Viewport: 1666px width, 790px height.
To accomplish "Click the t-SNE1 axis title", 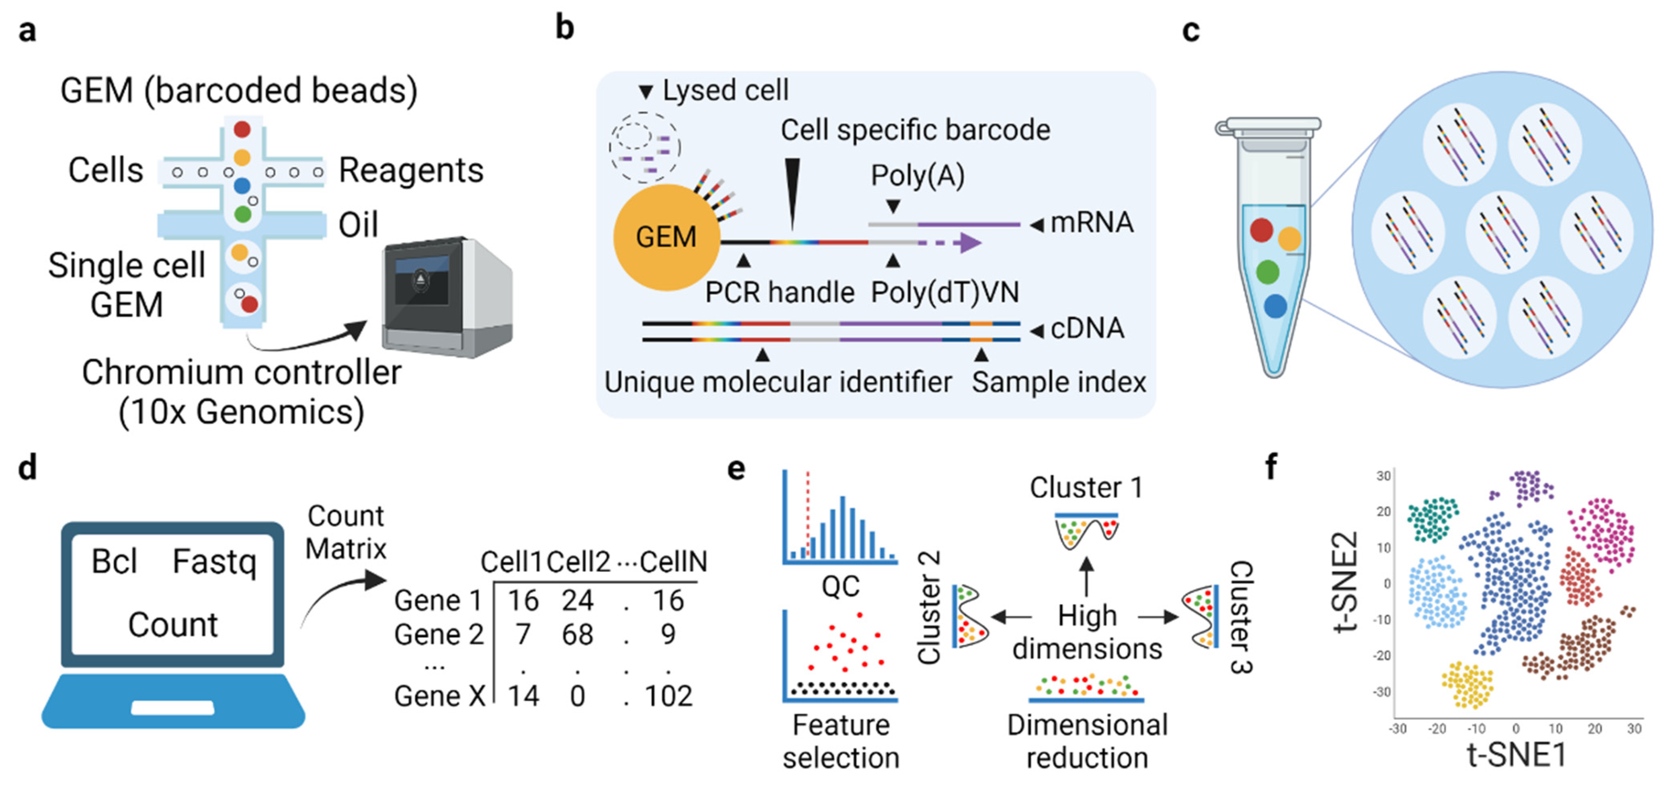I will [x=1516, y=754].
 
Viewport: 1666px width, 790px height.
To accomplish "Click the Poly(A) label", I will [x=917, y=175].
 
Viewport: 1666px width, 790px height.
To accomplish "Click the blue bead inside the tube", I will [x=1275, y=306].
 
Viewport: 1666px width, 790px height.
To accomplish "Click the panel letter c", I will [x=1191, y=31].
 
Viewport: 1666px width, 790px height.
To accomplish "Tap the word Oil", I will [x=358, y=225].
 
